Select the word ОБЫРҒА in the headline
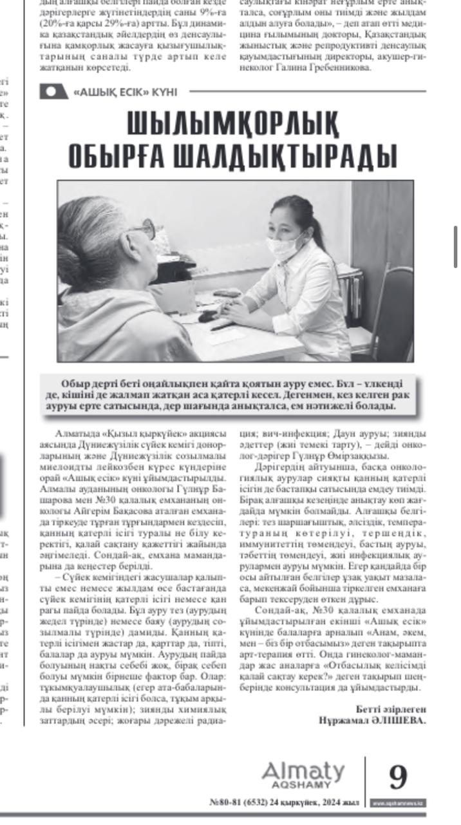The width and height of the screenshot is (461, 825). tap(124, 155)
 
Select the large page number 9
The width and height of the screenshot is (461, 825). tap(398, 778)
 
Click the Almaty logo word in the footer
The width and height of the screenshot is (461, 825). tap(303, 772)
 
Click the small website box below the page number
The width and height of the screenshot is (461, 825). tap(398, 803)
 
